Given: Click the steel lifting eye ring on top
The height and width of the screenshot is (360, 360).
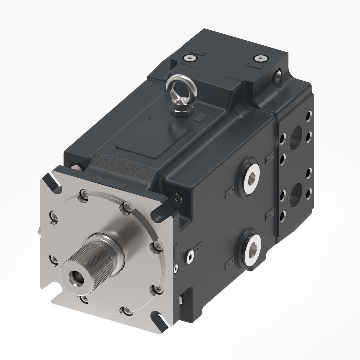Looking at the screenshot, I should (x=181, y=87).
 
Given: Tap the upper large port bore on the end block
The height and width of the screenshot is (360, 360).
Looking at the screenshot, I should (x=296, y=138).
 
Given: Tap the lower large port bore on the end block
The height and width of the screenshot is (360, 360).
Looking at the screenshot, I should (x=296, y=195).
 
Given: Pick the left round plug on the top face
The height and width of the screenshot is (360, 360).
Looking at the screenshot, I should (x=190, y=58).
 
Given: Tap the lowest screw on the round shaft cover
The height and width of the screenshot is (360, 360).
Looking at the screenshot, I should (x=127, y=311).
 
